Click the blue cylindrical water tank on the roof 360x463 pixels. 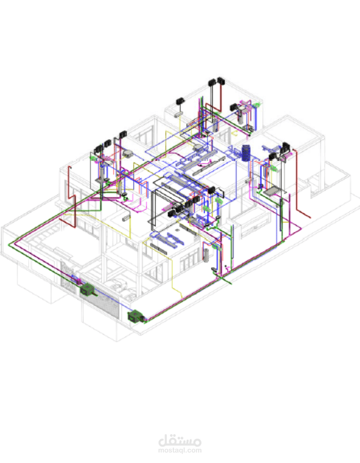click(246, 153)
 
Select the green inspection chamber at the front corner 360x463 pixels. click(135, 316)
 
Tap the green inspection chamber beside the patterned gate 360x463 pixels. click(87, 289)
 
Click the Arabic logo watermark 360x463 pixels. click(180, 441)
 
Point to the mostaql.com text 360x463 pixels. click(180, 451)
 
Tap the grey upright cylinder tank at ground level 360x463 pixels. click(206, 255)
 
